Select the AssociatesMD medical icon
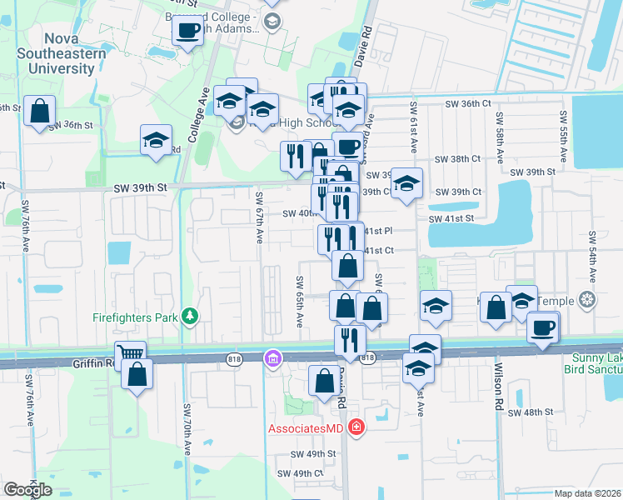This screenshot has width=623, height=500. (x=356, y=428)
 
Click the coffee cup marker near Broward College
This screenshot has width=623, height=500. (x=187, y=32)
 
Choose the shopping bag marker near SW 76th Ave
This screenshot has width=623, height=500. (x=39, y=110)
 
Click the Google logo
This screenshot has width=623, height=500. (x=28, y=490)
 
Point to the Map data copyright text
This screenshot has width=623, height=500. (x=588, y=493)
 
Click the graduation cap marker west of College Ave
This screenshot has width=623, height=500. (x=155, y=141)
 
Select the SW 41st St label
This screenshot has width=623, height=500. (x=451, y=217)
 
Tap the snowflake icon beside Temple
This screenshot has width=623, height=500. (x=589, y=299)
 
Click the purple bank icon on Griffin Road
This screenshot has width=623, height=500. (x=272, y=359)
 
